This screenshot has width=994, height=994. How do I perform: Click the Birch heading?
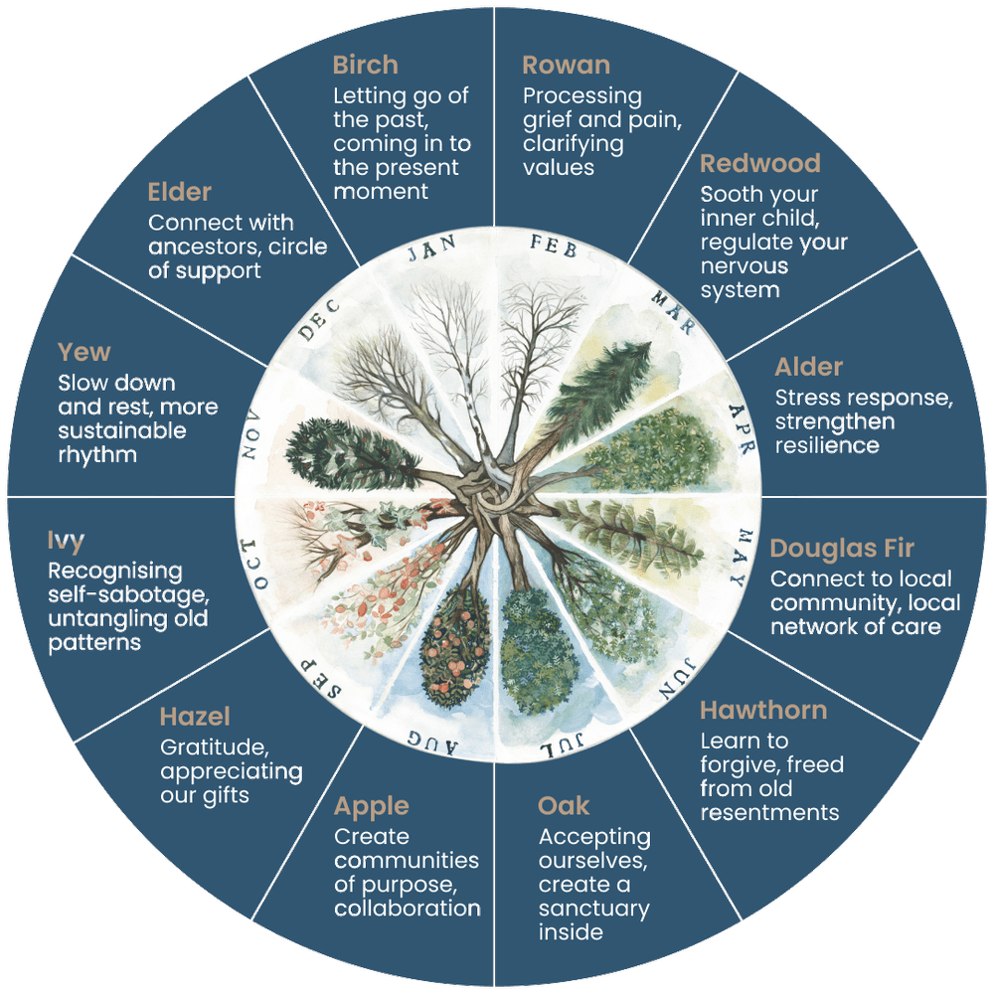tap(365, 66)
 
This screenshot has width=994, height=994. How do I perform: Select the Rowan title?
tap(567, 66)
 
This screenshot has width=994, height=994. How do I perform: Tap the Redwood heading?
tap(760, 164)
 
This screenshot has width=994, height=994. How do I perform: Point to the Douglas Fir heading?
tap(842, 549)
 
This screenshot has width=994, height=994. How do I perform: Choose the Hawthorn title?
tap(763, 711)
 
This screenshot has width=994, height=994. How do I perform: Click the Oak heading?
tap(564, 806)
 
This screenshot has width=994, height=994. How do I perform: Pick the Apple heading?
tap(372, 807)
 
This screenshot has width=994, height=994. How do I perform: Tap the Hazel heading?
tap(195, 717)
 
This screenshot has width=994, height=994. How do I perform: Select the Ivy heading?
tap(66, 542)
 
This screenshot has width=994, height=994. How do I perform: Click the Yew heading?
tap(84, 353)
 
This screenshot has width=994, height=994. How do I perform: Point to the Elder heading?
tap(179, 193)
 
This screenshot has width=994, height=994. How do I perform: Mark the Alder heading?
tap(809, 368)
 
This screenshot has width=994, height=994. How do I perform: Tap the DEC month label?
tap(319, 320)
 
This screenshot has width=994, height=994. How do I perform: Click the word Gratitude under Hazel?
tap(215, 748)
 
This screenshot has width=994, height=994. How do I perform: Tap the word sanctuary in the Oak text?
tap(594, 910)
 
